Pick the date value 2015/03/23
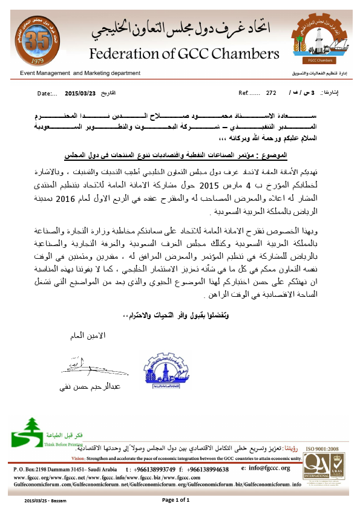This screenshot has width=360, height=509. [x=80, y=94]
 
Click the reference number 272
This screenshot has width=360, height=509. [x=270, y=94]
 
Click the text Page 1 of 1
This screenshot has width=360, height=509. [x=177, y=501]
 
